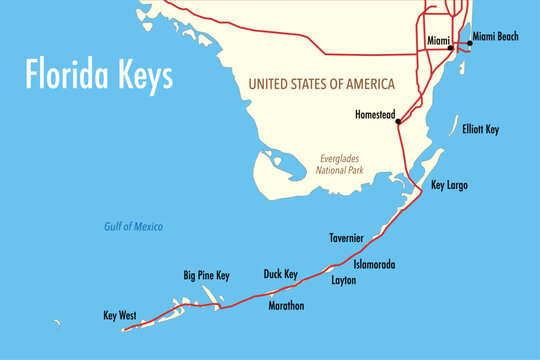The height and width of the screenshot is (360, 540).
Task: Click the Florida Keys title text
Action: point(99,75)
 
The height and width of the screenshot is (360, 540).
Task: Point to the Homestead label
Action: point(376,114)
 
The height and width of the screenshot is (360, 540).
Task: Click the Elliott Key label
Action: point(480,130)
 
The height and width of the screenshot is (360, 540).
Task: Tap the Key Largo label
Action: point(449,185)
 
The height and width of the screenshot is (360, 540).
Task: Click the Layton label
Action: point(343,281)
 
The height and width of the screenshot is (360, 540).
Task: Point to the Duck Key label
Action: point(280,273)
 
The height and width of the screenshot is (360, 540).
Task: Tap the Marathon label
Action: point(286,305)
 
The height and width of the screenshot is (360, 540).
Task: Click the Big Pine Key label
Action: point(206,274)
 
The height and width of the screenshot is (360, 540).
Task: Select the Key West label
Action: point(120,315)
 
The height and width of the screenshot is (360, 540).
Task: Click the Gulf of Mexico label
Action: point(133,227)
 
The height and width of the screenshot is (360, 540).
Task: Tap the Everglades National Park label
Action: point(342,164)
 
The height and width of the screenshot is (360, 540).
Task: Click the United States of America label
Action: point(320,83)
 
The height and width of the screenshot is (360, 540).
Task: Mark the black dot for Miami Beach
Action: point(469,44)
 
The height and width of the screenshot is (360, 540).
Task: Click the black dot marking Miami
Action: point(450,47)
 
